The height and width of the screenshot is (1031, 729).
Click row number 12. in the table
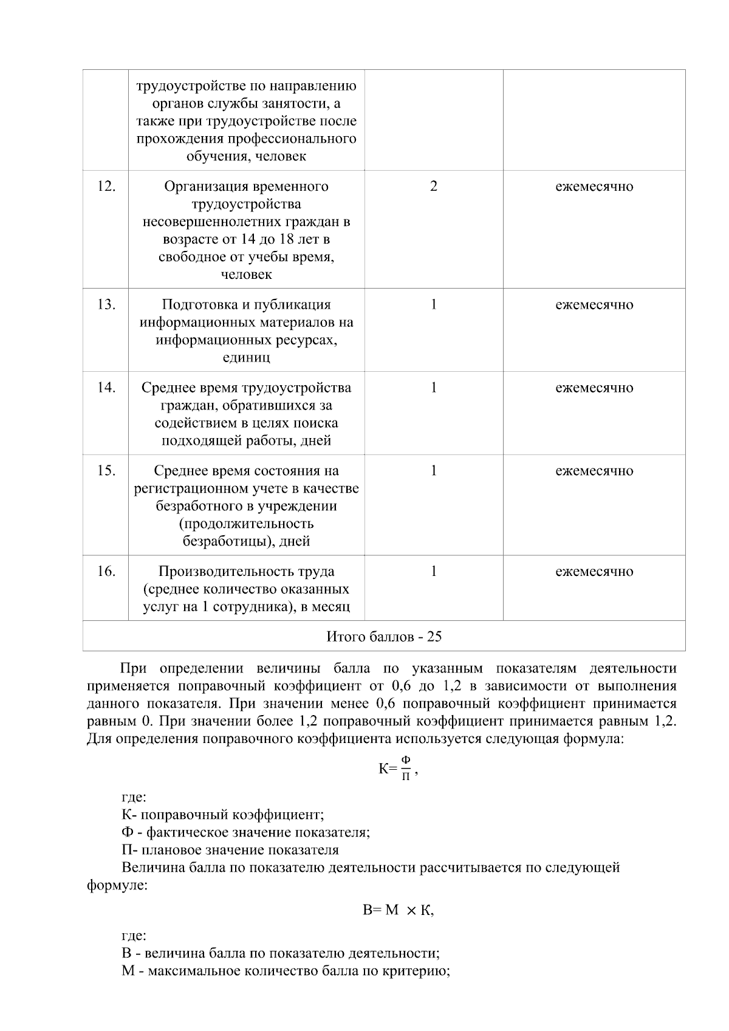[106, 187]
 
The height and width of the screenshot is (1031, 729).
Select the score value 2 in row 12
[433, 187]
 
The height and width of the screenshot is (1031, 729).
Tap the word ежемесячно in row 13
[594, 305]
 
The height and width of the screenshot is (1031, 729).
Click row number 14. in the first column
[106, 388]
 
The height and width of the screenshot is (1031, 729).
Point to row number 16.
[106, 572]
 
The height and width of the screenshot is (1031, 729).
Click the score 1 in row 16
[433, 572]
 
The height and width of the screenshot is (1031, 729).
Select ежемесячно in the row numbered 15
[594, 471]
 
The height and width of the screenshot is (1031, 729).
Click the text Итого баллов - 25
[384, 637]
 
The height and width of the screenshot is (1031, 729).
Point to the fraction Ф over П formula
[406, 769]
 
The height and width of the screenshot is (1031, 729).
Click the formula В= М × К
[398, 911]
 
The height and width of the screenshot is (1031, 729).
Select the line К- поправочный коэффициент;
[222, 815]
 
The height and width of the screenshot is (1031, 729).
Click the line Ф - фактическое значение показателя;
[245, 832]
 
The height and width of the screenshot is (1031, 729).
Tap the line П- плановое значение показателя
[230, 850]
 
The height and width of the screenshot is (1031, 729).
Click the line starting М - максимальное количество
[286, 971]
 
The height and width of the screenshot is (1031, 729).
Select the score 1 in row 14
[433, 388]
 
